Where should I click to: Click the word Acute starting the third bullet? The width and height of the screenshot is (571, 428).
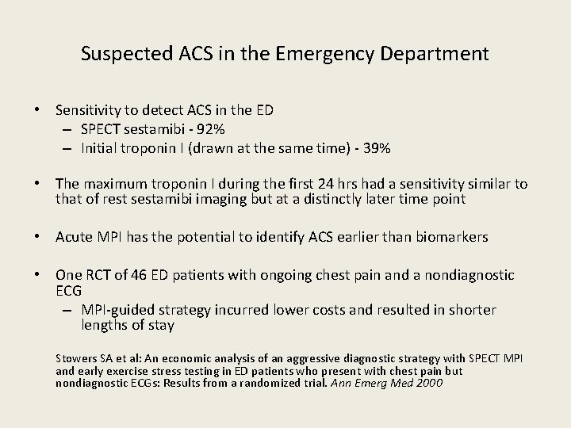point(75,236)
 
